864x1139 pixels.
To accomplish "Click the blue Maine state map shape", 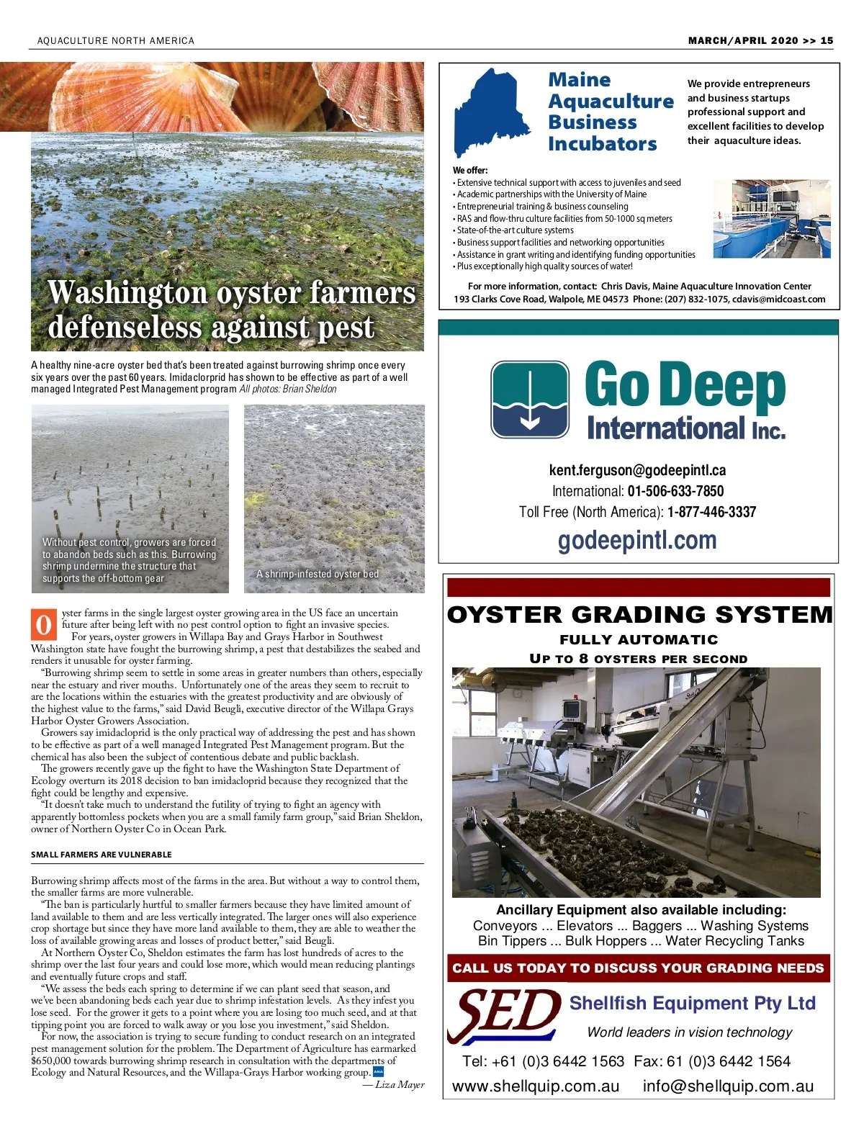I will click(490, 112).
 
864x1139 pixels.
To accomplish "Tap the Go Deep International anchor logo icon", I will click(530, 400).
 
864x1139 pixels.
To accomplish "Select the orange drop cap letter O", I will click(44, 625).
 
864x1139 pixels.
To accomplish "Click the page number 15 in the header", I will click(827, 40).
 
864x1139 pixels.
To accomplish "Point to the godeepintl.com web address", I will click(637, 540).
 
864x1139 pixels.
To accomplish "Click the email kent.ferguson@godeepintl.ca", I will click(637, 470).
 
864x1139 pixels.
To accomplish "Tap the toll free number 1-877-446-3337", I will click(711, 512).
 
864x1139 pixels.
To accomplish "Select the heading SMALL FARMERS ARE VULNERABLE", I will click(102, 855).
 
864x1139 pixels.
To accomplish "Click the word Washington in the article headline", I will click(127, 293).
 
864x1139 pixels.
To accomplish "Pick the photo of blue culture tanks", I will click(772, 219).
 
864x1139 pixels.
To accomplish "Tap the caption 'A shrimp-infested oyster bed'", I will click(318, 574).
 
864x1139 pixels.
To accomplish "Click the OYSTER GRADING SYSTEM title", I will click(639, 614).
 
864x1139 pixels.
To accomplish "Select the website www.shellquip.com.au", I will click(536, 1086).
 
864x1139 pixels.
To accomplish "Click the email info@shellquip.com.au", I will click(728, 1086).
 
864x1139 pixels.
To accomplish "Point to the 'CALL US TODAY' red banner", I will click(638, 968).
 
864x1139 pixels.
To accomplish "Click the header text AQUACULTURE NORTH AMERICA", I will click(116, 41).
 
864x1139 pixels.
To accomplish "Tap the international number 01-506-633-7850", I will click(675, 491).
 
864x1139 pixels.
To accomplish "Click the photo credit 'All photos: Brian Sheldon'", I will click(288, 389).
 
